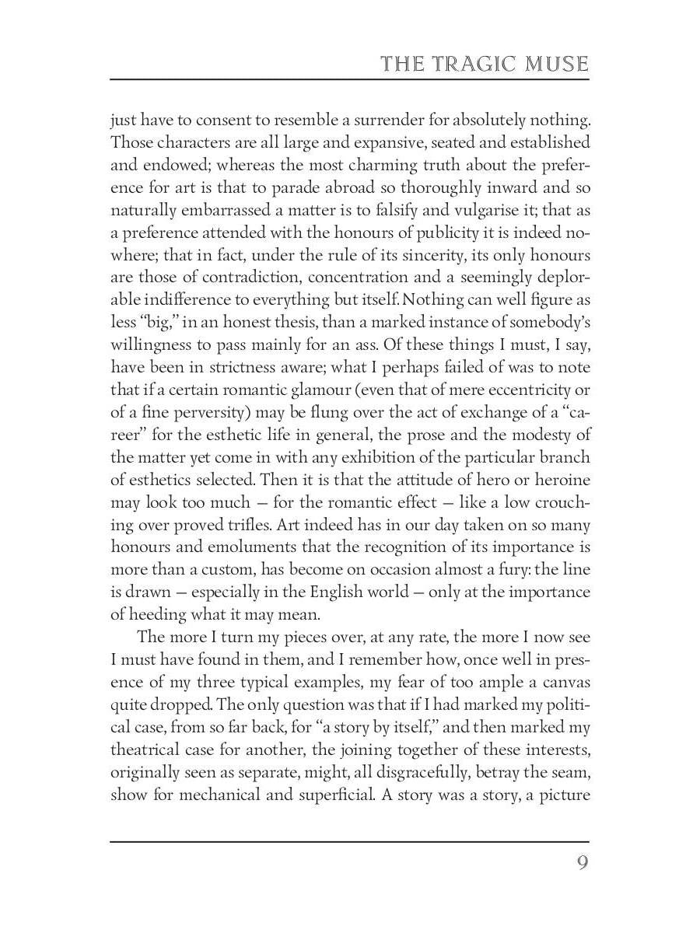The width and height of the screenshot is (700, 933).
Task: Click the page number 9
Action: [x=582, y=863]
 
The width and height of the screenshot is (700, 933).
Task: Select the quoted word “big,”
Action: [x=152, y=323]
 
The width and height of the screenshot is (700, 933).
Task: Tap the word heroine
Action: [x=564, y=480]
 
